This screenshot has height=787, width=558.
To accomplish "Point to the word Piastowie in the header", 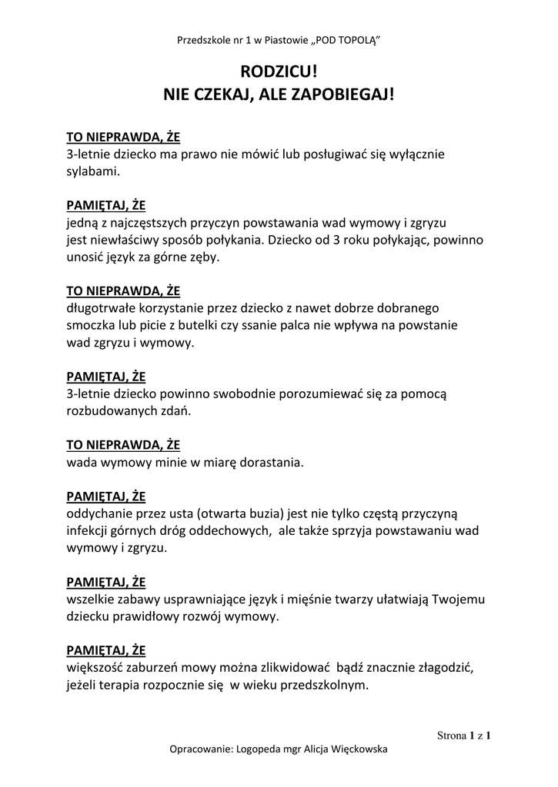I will [284, 39].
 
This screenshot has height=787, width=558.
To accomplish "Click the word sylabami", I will [93, 171].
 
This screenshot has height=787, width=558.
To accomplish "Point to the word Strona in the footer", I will [451, 735].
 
